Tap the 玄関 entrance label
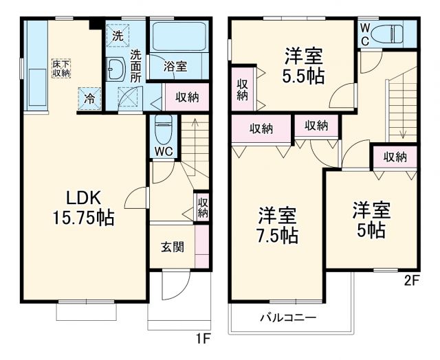click(173, 247)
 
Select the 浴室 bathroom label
click(175, 67)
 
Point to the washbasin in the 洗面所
click(115, 68)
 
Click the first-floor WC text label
click(163, 150)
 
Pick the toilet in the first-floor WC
click(163, 127)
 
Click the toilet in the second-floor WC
click(393, 32)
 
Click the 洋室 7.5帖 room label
click(278, 225)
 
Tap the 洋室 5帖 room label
click(372, 218)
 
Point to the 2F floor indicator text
click(411, 280)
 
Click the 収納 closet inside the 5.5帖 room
click(243, 89)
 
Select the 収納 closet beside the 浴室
click(187, 97)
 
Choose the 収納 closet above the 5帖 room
click(395, 157)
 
